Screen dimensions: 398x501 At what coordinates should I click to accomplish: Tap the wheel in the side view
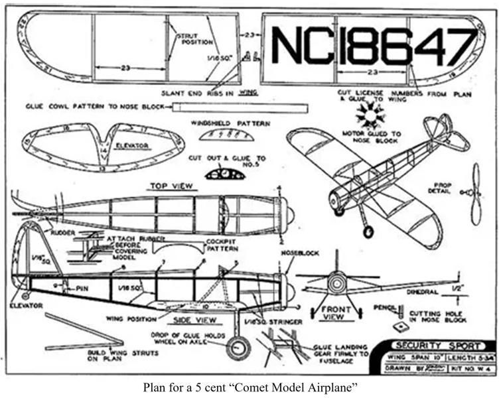coord(238,347)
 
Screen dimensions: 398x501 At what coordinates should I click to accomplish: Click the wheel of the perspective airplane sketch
coord(368,231)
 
